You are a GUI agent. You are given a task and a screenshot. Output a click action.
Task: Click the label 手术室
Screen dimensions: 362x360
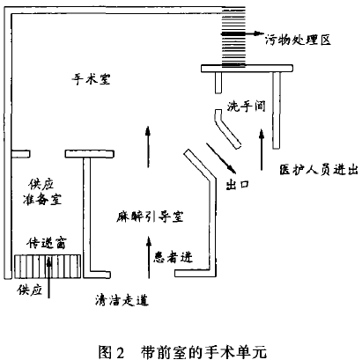coord(91,79)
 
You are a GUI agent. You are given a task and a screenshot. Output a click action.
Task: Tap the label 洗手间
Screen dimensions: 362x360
coord(246,106)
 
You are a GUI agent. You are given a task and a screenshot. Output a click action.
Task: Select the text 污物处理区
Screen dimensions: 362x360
coord(298,40)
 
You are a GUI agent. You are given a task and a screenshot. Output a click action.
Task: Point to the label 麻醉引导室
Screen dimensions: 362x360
coord(150,217)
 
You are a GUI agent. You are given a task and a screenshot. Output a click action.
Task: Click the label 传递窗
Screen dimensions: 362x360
coord(46,243)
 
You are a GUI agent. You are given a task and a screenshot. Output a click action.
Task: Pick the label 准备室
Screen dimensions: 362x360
coord(42,200)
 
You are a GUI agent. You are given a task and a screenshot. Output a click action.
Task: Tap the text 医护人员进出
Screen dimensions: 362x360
coord(319,169)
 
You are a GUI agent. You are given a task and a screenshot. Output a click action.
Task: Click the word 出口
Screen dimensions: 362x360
coord(238,185)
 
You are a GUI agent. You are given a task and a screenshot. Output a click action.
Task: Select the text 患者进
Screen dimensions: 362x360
coord(174,257)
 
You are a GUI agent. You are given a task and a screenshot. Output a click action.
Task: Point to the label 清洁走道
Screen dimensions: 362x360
coord(122,300)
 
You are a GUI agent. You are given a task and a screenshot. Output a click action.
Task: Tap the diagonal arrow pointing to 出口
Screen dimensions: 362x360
coord(221,158)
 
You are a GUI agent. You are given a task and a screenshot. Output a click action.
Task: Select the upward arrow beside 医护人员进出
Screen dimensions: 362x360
coord(262,149)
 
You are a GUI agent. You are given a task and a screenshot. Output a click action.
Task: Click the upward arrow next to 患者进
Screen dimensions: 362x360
coord(149,257)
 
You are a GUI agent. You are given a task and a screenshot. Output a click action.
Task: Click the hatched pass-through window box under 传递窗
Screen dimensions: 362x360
coord(48,266)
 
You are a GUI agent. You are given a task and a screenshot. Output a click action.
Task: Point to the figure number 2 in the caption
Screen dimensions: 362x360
coord(120,352)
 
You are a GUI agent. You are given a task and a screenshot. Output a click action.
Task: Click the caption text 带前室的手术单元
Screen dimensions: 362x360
coord(203,352)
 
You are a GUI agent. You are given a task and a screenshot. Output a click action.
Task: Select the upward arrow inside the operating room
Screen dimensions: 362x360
coord(148,147)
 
